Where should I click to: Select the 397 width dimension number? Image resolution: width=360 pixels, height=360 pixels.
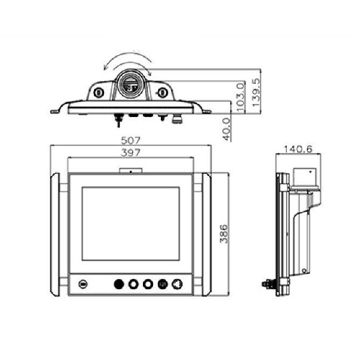(x=130, y=153)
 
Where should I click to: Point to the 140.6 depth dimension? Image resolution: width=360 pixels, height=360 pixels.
(x=298, y=149)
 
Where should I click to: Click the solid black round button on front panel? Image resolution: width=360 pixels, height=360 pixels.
(x=118, y=284)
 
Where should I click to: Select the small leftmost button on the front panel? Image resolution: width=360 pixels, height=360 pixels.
(x=83, y=284)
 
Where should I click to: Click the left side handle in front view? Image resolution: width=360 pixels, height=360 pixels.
(x=54, y=234)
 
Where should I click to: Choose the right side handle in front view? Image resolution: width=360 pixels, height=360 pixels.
(x=206, y=234)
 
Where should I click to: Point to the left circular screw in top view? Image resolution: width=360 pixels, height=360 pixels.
(x=99, y=92)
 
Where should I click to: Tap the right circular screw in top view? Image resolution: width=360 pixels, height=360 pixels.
(x=163, y=93)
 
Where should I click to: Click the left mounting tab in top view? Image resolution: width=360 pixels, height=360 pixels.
(x=54, y=112)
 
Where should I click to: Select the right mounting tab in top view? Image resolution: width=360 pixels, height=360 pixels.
(x=207, y=112)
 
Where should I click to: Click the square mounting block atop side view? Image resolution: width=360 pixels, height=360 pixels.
(x=306, y=176)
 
